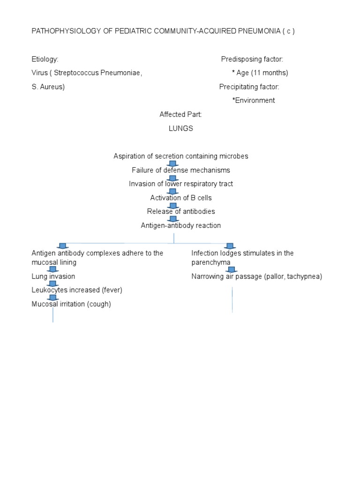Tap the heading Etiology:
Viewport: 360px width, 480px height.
(x=45, y=59)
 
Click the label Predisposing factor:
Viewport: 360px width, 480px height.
(x=252, y=59)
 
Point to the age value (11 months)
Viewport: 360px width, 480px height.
(x=269, y=73)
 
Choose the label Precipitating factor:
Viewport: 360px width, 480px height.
(x=249, y=87)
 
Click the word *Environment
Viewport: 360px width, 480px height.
(x=254, y=100)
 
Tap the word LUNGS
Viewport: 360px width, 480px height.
(x=181, y=128)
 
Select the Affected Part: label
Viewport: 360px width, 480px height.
(x=180, y=114)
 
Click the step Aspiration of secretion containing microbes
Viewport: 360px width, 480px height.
(x=181, y=156)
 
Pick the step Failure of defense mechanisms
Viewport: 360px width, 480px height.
(x=181, y=170)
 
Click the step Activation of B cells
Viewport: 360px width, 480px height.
(x=181, y=197)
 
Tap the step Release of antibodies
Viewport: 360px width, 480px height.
(x=181, y=211)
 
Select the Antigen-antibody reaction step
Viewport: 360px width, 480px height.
(x=181, y=225)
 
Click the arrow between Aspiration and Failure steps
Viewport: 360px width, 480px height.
(x=172, y=163)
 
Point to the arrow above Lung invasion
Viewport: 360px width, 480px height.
(x=53, y=269)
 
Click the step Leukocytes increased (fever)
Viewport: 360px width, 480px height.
(x=77, y=290)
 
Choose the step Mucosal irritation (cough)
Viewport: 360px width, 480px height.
(x=71, y=304)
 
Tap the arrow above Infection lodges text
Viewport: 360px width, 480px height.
(x=229, y=246)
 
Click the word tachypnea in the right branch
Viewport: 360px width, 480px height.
(x=305, y=277)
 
